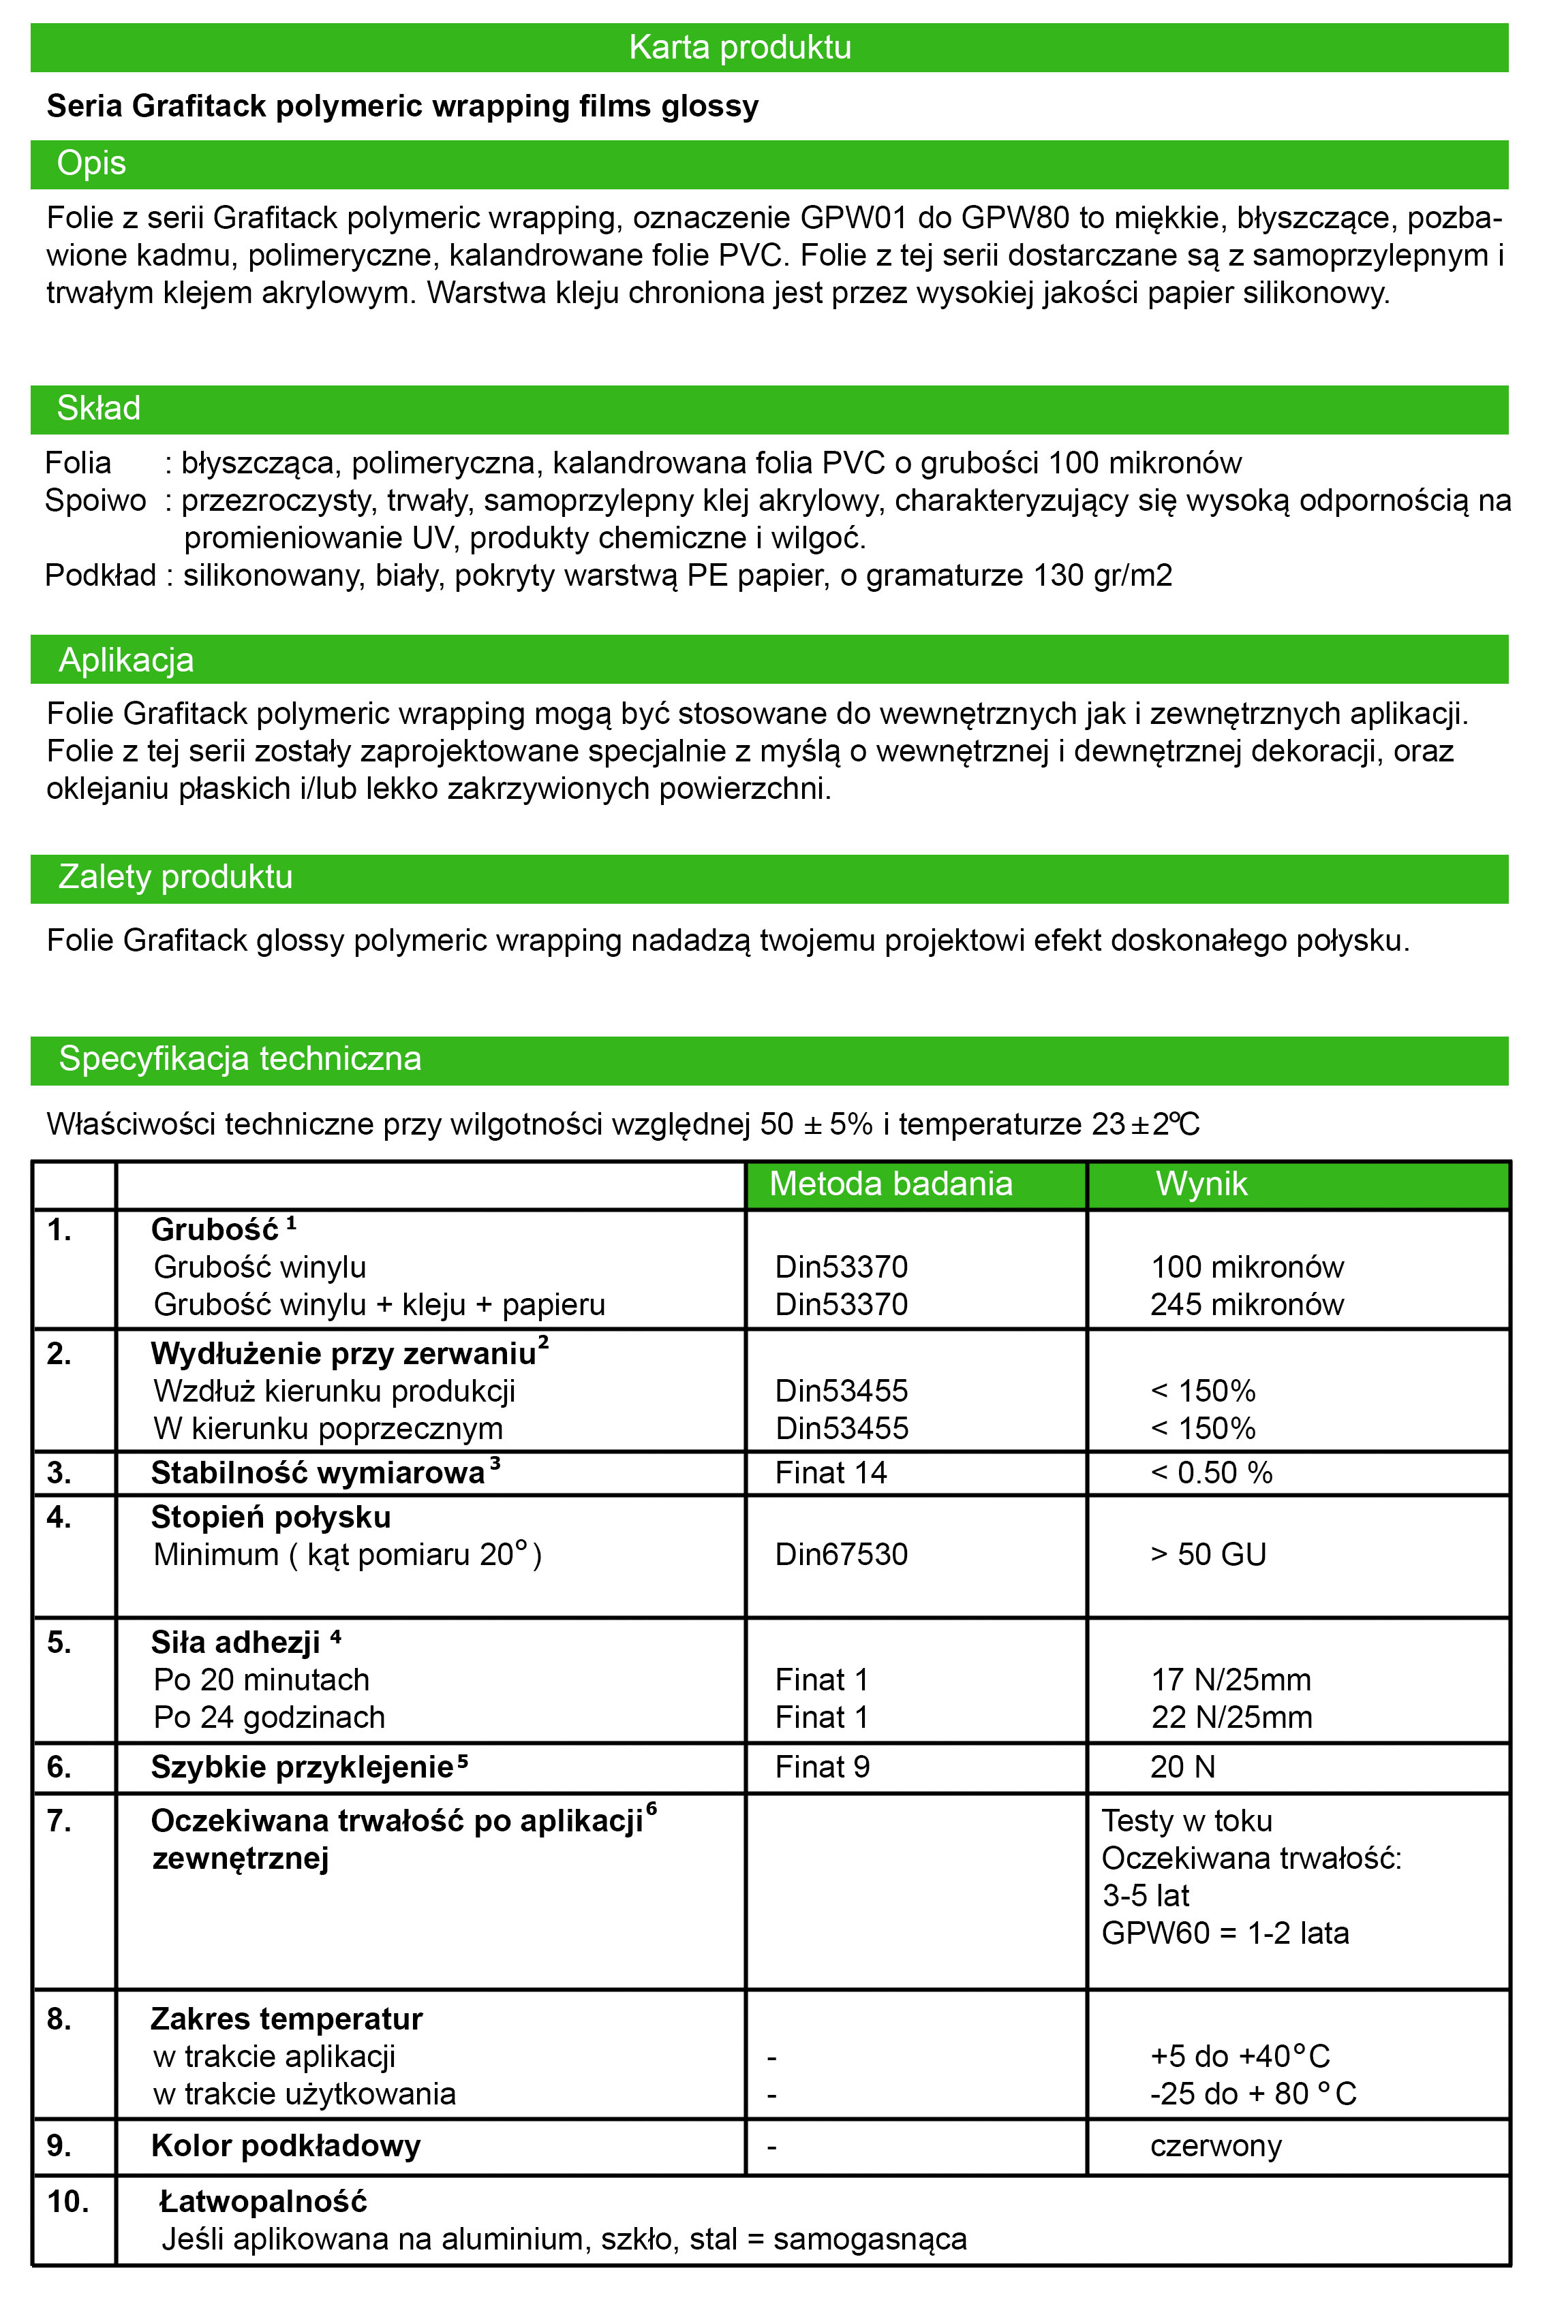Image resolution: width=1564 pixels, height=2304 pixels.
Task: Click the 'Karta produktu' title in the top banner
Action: click(740, 48)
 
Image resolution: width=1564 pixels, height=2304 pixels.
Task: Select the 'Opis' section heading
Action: click(91, 163)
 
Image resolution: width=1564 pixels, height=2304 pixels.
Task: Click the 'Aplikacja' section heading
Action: click(126, 660)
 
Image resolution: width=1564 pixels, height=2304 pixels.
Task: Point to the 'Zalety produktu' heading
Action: click(176, 877)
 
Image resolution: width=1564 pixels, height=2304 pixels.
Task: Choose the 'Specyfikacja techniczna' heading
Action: click(240, 1059)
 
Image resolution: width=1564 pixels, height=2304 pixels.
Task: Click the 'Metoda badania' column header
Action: click(891, 1184)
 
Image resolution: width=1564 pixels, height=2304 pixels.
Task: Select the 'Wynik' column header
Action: click(1201, 1184)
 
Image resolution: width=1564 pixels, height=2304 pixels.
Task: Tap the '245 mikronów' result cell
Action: click(1246, 1305)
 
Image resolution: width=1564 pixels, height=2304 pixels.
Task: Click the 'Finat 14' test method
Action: click(831, 1473)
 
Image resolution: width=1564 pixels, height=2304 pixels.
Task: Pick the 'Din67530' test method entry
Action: click(841, 1555)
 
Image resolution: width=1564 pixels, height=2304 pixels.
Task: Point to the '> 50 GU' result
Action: click(1208, 1555)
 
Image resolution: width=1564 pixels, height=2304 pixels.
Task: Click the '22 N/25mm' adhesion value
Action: click(1231, 1717)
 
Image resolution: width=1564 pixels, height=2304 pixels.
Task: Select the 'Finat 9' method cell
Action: click(822, 1767)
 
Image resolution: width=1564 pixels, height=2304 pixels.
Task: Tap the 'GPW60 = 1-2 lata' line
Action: click(1225, 1934)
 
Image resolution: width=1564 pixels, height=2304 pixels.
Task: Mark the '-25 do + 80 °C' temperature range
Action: click(1253, 2094)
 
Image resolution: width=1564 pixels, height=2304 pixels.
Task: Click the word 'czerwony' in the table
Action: click(1216, 2147)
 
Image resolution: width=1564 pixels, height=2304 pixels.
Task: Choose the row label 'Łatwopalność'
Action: click(263, 2202)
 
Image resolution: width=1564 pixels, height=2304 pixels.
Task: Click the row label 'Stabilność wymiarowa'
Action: click(318, 1473)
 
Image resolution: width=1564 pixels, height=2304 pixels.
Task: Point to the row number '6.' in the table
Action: click(59, 1767)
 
